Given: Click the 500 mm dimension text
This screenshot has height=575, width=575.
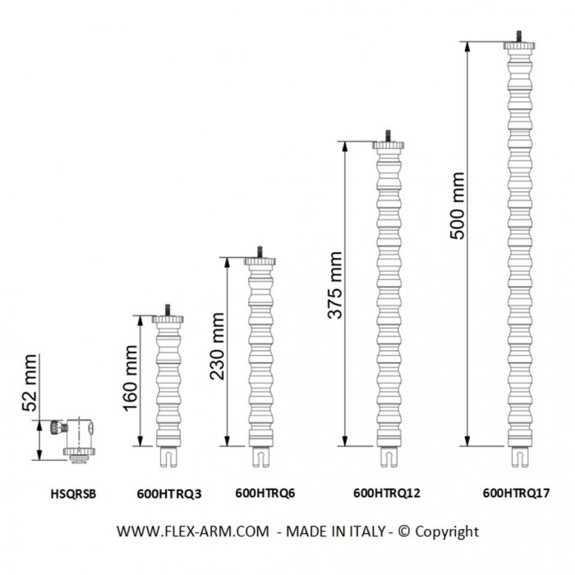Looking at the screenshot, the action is tap(458, 205).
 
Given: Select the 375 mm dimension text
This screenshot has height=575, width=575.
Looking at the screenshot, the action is tap(335, 285).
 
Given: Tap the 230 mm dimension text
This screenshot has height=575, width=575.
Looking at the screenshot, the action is tap(217, 346).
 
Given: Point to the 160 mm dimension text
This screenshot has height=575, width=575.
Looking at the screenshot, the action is tap(131, 378).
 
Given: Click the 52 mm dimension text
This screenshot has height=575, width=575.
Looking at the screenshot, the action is tap(30, 383).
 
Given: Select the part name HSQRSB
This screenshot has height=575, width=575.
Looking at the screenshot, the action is tap(73, 494).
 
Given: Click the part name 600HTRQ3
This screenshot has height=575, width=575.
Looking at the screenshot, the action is tap(169, 494).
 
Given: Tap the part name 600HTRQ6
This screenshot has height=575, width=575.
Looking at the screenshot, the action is tap(265, 493).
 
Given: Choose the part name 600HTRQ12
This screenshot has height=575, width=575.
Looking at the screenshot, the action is tap(387, 493).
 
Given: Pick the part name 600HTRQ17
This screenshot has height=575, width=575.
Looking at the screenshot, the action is tap(516, 493).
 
